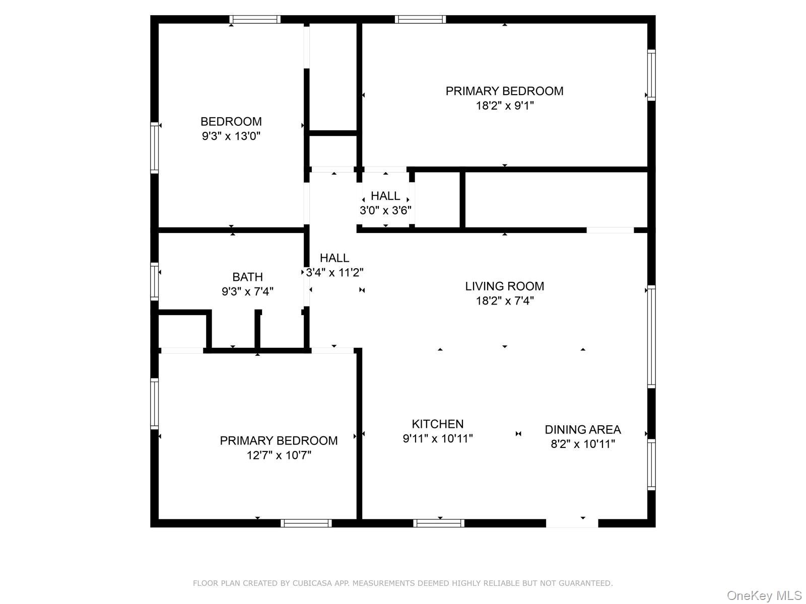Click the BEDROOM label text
pyautogui.click(x=231, y=121)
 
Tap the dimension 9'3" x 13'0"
pyautogui.click(x=231, y=136)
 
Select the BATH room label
pyautogui.click(x=247, y=277)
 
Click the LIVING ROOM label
pyautogui.click(x=504, y=286)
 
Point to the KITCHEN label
pyautogui.click(x=437, y=424)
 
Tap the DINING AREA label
pyautogui.click(x=582, y=429)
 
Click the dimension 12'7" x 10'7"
pyautogui.click(x=279, y=456)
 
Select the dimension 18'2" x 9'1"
pyautogui.click(x=504, y=106)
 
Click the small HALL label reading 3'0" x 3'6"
pyautogui.click(x=385, y=196)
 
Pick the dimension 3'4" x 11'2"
pyautogui.click(x=334, y=272)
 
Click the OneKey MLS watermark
pyautogui.click(x=764, y=595)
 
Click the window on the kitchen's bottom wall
pyautogui.click(x=439, y=523)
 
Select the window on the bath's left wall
pyautogui.click(x=155, y=281)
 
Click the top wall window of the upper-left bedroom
pyautogui.click(x=255, y=20)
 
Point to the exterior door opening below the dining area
pyautogui.click(x=572, y=523)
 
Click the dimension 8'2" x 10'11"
pyautogui.click(x=582, y=444)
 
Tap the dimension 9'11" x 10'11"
pyautogui.click(x=437, y=438)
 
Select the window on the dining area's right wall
pyautogui.click(x=651, y=464)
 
